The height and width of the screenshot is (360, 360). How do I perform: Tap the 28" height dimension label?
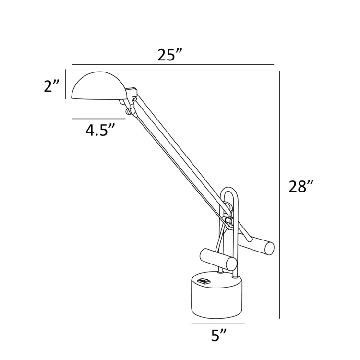[301, 186]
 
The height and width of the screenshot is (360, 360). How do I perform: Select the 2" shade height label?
[51, 86]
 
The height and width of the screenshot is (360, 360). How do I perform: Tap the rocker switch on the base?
[204, 281]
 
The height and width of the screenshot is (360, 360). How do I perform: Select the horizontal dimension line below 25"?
[173, 64]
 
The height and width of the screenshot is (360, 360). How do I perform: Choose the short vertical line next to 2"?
[66, 84]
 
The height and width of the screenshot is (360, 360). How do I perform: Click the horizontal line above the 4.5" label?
[94, 118]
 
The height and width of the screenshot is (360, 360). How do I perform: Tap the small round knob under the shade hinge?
[128, 112]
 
